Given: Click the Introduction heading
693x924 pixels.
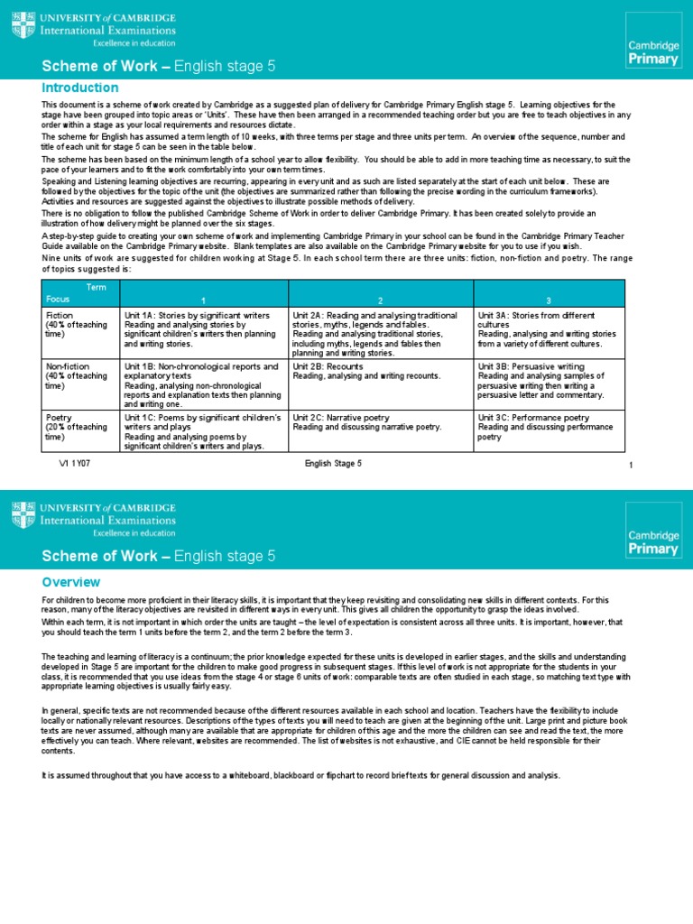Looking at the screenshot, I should coord(80,88).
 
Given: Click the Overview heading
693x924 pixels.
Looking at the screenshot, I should coord(71,582).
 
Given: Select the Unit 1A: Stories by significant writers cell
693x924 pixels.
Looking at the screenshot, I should coord(204,329).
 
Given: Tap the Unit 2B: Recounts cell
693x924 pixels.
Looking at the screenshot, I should coord(381,385).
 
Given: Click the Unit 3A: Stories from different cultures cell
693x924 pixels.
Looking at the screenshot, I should coord(550,329).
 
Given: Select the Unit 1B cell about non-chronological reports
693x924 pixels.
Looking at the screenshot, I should coord(204,385).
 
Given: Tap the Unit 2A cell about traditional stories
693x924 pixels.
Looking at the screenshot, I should coord(381,333).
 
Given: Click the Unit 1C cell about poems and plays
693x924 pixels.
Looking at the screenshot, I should coord(204,431).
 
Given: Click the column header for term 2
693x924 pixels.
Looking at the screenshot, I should coord(381,299).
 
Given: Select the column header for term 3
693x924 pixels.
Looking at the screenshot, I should coord(549,299).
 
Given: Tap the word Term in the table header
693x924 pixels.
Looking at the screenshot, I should coord(96,285).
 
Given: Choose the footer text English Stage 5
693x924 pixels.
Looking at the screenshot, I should coord(333,464).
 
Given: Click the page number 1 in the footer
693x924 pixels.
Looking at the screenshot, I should coord(631,465).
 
